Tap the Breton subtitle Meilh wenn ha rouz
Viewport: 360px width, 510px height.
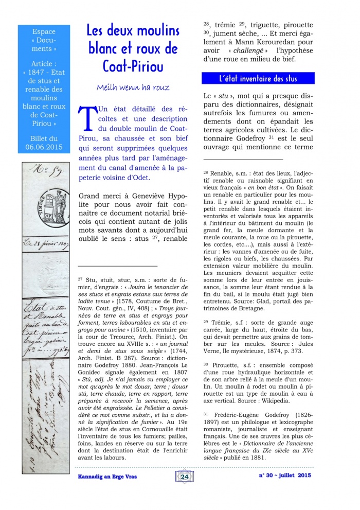133,87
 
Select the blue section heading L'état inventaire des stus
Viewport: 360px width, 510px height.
258,79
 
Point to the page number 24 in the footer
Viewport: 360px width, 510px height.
185,477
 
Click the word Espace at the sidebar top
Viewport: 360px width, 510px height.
44,31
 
